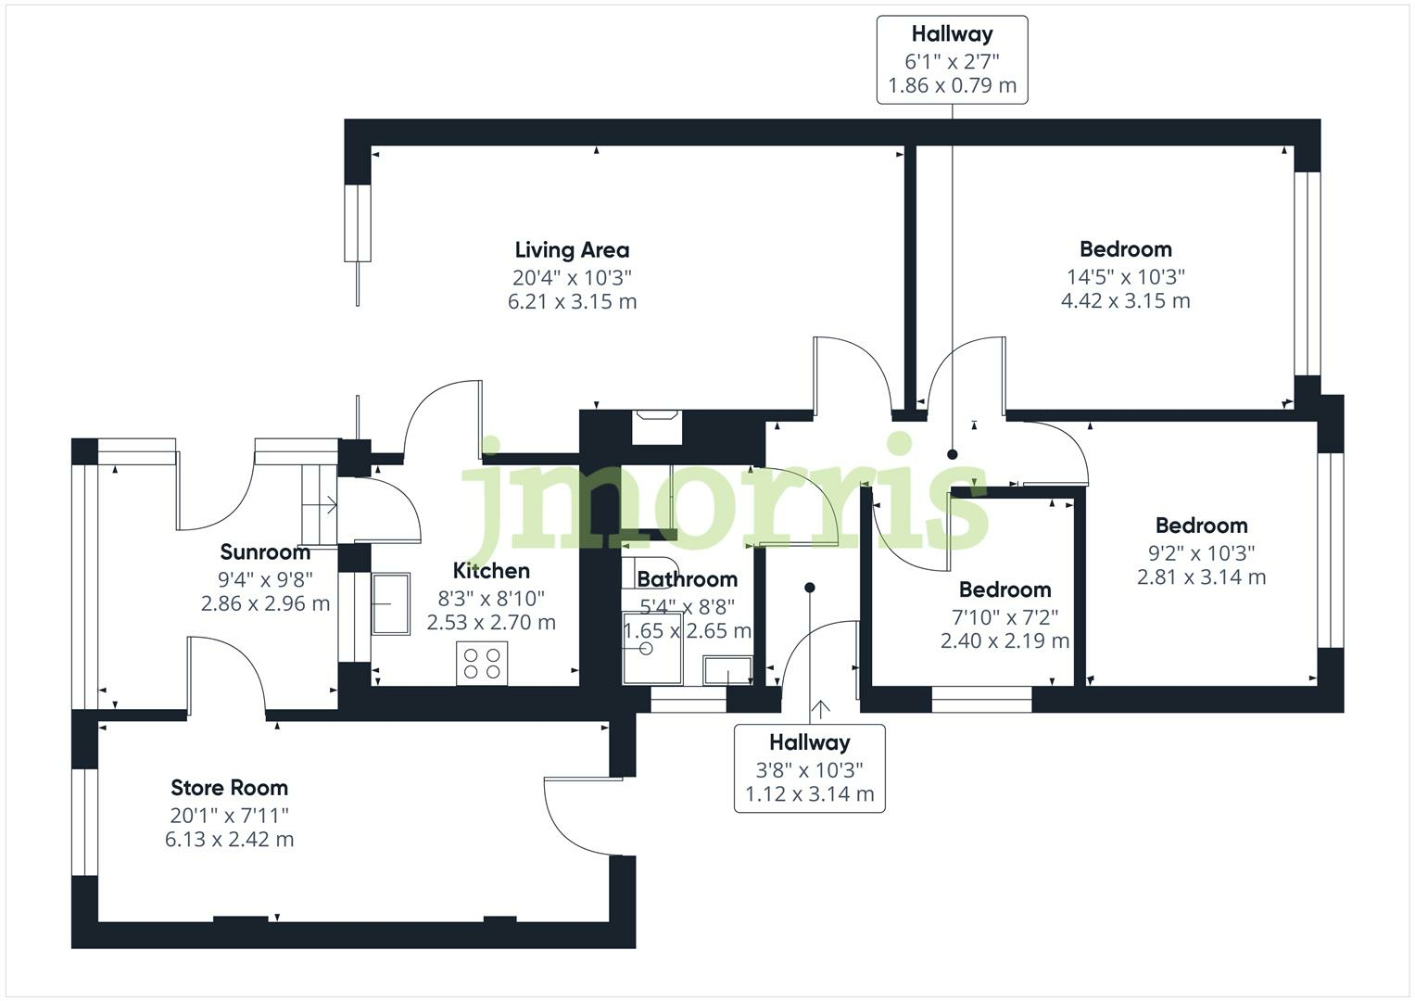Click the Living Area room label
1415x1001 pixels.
572,250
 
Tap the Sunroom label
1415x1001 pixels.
265,552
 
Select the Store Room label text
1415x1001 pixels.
229,788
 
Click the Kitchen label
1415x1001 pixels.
491,571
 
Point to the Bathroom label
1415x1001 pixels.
688,579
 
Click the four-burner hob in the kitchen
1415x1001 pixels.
482,664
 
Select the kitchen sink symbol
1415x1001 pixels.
391,603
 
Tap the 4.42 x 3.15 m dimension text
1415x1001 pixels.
1126,301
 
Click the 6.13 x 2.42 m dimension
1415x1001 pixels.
229,840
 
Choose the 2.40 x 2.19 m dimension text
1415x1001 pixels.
1005,641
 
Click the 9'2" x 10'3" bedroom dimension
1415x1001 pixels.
1202,553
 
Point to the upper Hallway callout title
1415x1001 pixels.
952,34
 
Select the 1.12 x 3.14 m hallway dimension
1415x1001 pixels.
810,794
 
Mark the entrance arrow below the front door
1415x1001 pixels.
820,710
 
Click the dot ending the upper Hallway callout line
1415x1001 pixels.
953,454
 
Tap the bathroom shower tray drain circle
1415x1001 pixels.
646,649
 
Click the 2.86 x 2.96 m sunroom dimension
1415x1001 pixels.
265,604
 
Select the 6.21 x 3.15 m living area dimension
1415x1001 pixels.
572,302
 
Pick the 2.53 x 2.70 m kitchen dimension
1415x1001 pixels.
491,623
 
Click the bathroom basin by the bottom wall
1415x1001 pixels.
727,670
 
